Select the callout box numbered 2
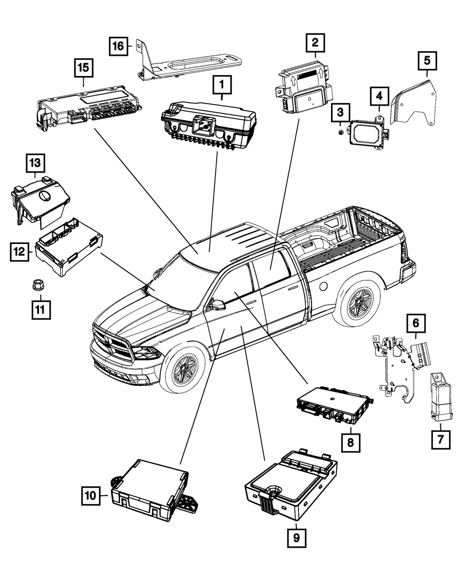click(x=315, y=43)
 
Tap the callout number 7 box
click(x=440, y=438)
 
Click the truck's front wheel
click(x=185, y=368)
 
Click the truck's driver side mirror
click(x=217, y=305)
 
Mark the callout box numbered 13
click(x=36, y=163)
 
